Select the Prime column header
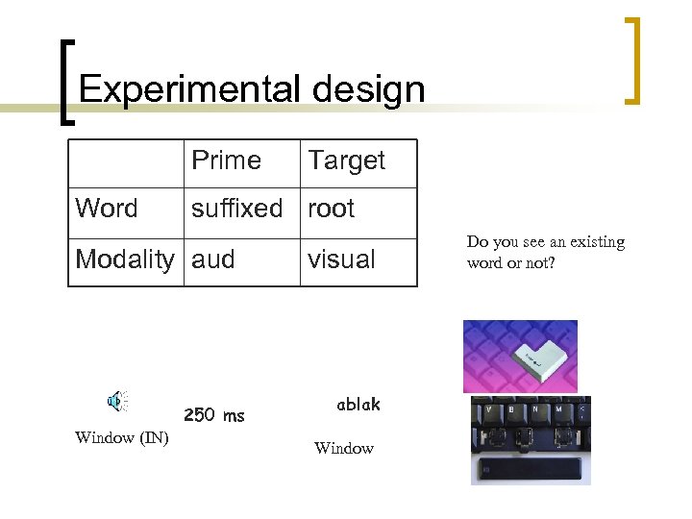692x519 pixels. pyautogui.click(x=226, y=161)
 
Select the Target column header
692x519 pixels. pyautogui.click(x=346, y=161)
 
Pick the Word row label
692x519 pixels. pyautogui.click(x=106, y=209)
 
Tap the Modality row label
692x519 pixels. pyautogui.click(x=125, y=259)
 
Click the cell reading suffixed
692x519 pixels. pyautogui.click(x=236, y=209)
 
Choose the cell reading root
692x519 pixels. pyautogui.click(x=331, y=209)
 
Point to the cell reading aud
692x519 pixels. pyautogui.click(x=212, y=259)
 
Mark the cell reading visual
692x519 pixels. pyautogui.click(x=341, y=259)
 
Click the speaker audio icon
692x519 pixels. pyautogui.click(x=117, y=402)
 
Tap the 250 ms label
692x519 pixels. pyautogui.click(x=213, y=415)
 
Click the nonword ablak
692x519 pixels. pyautogui.click(x=358, y=405)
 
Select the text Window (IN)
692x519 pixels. pyautogui.click(x=121, y=438)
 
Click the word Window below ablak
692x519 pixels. pyautogui.click(x=343, y=448)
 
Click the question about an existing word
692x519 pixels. pyautogui.click(x=545, y=252)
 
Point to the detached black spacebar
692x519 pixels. pyautogui.click(x=530, y=470)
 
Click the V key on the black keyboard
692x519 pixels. pyautogui.click(x=489, y=408)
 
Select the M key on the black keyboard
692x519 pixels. pyautogui.click(x=558, y=408)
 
